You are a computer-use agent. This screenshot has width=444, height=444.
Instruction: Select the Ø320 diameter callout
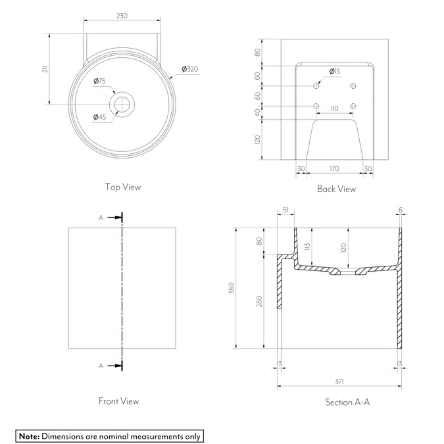[x=189, y=69]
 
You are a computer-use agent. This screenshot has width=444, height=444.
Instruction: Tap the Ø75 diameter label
[x=100, y=81]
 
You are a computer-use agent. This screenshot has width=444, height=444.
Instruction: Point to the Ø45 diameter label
[x=99, y=117]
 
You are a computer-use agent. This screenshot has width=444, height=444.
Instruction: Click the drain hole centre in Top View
[x=122, y=103]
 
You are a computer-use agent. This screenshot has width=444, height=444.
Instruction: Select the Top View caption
[x=122, y=187]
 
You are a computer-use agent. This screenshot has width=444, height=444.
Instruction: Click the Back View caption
[x=336, y=189]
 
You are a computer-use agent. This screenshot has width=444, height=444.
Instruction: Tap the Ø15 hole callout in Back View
[x=334, y=71]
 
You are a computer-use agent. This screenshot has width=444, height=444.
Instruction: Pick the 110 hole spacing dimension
[x=334, y=109]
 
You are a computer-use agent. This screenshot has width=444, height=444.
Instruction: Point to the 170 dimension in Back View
[x=334, y=168]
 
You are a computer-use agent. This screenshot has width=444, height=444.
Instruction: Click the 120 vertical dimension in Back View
[x=258, y=139]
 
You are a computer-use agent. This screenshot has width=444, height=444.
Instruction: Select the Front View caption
[x=118, y=401]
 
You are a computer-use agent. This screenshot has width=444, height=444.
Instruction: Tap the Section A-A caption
[x=347, y=402]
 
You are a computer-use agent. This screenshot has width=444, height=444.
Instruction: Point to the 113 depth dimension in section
[x=307, y=248]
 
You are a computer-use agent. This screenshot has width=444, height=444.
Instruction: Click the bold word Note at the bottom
[x=30, y=436]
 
